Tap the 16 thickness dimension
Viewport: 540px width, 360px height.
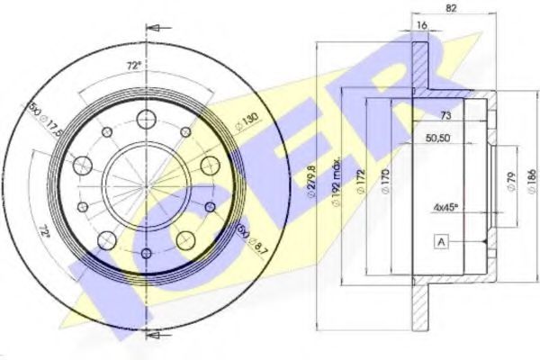tap(421, 25)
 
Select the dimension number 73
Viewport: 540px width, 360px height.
tap(445, 117)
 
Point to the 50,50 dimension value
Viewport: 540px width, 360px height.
tap(438, 139)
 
